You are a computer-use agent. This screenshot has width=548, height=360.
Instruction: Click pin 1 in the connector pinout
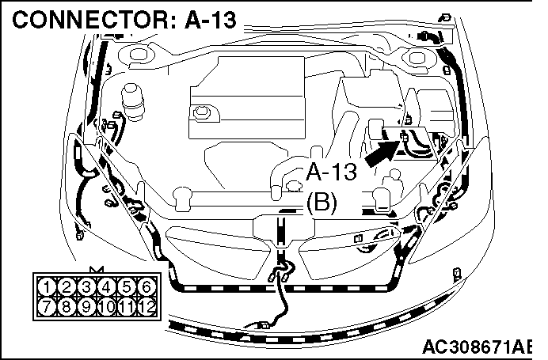tap(47, 287)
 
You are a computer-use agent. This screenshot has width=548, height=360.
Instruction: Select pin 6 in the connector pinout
tap(146, 287)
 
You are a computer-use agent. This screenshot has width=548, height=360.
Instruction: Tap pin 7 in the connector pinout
tap(47, 306)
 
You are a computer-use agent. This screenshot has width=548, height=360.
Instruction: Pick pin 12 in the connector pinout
tap(147, 306)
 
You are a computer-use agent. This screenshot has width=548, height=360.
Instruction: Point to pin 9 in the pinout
tap(86, 306)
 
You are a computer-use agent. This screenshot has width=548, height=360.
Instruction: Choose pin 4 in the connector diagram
tap(106, 287)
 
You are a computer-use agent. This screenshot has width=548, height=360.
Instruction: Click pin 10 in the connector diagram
tap(106, 306)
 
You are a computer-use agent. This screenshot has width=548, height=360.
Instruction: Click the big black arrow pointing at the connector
tap(381, 153)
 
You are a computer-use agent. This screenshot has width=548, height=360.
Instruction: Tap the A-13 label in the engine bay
tap(331, 172)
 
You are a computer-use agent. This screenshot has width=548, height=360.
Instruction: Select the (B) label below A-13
tap(322, 202)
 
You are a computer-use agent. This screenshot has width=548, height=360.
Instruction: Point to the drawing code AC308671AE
tap(477, 347)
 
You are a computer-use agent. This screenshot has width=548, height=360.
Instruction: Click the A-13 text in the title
tap(211, 20)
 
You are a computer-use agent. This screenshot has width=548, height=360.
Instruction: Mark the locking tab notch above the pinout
tap(97, 270)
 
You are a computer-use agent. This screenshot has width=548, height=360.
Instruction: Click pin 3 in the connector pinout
tap(86, 287)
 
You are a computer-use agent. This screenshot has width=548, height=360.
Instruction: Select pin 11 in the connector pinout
tap(126, 306)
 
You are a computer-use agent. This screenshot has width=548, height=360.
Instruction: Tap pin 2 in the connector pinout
tap(67, 287)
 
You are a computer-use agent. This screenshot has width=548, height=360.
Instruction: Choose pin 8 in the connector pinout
tap(67, 306)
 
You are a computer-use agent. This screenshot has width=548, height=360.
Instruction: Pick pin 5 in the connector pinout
tap(126, 287)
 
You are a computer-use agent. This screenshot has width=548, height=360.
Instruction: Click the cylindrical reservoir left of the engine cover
tap(132, 102)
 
